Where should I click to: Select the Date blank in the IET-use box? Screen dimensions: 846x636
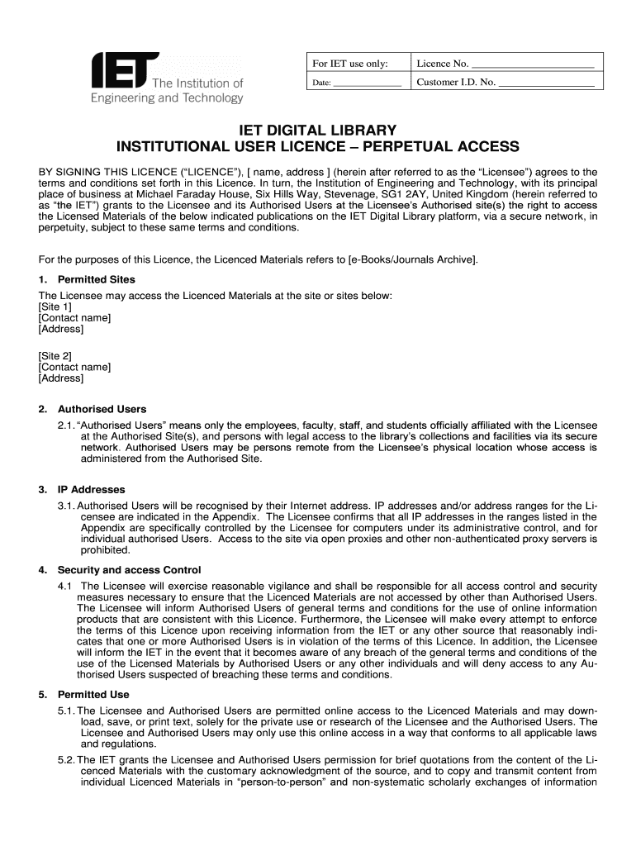[x=367, y=84]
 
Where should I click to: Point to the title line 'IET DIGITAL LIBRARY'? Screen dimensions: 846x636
[x=318, y=131]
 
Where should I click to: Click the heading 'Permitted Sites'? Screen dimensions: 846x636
[x=96, y=279]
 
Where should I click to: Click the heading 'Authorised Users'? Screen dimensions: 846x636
[x=102, y=409]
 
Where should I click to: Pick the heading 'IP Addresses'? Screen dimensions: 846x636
[x=91, y=489]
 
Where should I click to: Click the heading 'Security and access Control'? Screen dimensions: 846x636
[x=129, y=570]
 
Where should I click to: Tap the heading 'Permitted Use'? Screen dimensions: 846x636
[x=93, y=695]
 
